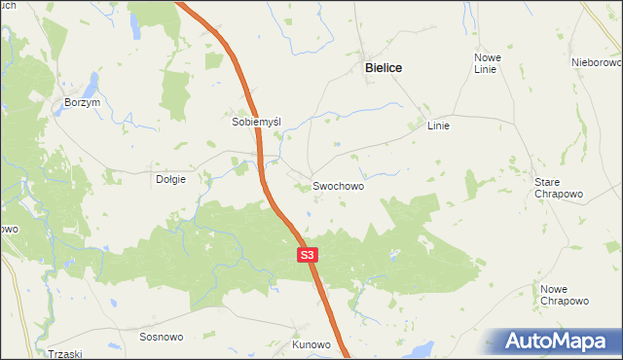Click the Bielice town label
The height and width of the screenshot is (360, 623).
pyautogui.click(x=383, y=68)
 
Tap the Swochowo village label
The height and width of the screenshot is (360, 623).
pyautogui.click(x=339, y=185)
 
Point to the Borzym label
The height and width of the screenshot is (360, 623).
pyautogui.click(x=83, y=103)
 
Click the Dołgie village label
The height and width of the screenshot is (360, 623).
pyautogui.click(x=170, y=179)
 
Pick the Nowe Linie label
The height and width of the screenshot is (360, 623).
pyautogui.click(x=487, y=63)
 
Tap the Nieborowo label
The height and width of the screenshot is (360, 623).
pyautogui.click(x=597, y=62)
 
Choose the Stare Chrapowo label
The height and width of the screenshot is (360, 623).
pyautogui.click(x=559, y=188)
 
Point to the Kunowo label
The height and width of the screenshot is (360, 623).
pyautogui.click(x=311, y=344)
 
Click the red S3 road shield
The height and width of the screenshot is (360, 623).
pyautogui.click(x=307, y=255)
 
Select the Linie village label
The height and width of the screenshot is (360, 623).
pyautogui.click(x=439, y=126)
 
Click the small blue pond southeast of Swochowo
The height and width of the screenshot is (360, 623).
pyautogui.click(x=393, y=255)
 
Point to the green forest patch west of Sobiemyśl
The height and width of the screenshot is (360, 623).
pyautogui.click(x=176, y=93)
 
